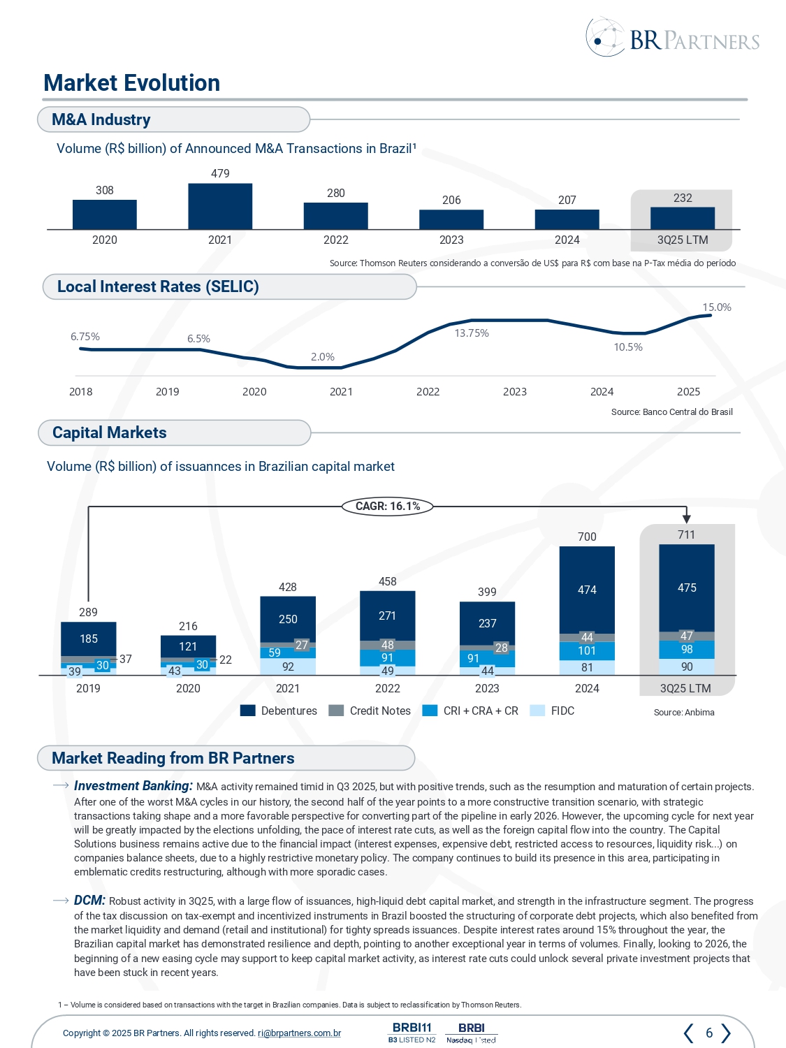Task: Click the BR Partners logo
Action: [x=672, y=38]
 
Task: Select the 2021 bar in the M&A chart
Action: [x=220, y=206]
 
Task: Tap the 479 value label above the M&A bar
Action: [x=220, y=173]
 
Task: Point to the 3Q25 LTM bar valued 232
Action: [x=683, y=218]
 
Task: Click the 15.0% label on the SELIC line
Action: [x=717, y=307]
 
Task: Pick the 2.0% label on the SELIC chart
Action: [x=323, y=357]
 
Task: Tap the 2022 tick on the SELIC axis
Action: [x=428, y=392]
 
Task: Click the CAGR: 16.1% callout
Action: [x=388, y=506]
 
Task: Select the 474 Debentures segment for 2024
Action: [x=587, y=590]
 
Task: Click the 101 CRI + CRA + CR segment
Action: [x=587, y=650]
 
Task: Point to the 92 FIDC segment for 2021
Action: [x=288, y=667]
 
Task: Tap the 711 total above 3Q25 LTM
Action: [x=686, y=534]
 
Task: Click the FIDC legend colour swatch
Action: [x=537, y=711]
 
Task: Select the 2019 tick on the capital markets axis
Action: [x=88, y=688]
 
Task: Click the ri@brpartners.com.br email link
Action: [x=299, y=1033]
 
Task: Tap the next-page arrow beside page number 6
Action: [x=727, y=1033]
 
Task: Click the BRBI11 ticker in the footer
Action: [x=412, y=1028]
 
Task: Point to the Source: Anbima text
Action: [x=684, y=713]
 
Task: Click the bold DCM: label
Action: [x=89, y=901]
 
